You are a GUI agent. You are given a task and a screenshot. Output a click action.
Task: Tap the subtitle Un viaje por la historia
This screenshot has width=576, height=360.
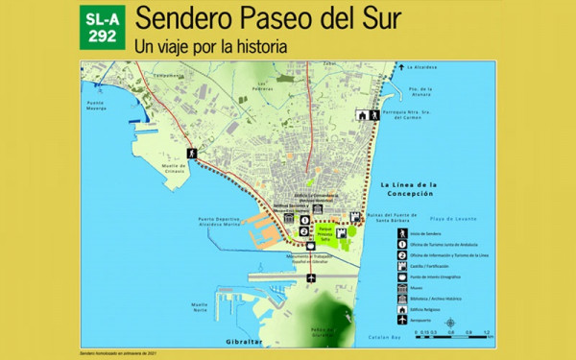pyautogui.click(x=211, y=44)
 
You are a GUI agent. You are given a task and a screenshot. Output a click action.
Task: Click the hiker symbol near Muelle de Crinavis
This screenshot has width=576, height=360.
pyautogui.click(x=192, y=154)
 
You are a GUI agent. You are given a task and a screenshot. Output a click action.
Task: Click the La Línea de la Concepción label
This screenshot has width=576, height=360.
pyautogui.click(x=409, y=187)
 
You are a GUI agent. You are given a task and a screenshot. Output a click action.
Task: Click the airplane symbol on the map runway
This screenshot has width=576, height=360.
pyautogui.click(x=311, y=278)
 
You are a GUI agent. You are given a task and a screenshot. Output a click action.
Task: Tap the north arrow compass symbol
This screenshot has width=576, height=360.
pyautogui.click(x=449, y=323)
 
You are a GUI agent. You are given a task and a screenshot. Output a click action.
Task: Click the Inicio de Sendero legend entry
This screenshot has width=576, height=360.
pyautogui.click(x=422, y=235)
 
